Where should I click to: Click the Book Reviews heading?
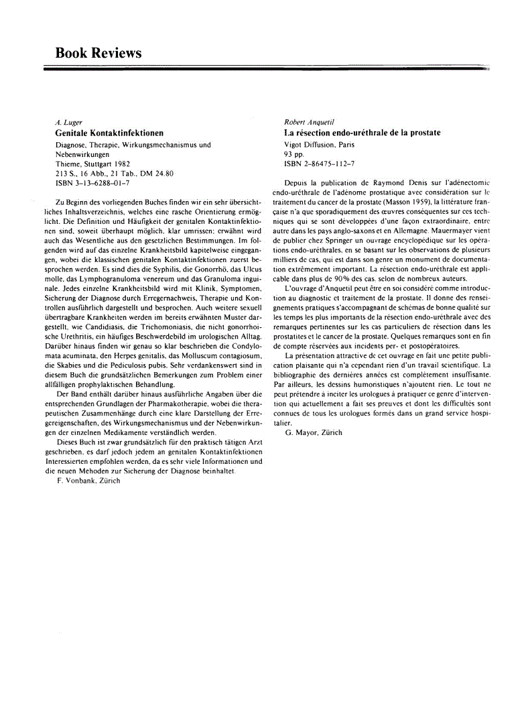(98, 53)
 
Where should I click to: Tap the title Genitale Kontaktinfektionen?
(109, 133)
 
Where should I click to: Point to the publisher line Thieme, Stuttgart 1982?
(92, 164)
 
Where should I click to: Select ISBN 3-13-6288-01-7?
(92, 182)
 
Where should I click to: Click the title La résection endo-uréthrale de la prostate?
(362, 133)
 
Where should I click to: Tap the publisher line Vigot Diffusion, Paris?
(320, 144)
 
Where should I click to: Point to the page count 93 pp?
(294, 154)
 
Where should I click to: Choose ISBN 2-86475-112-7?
(320, 163)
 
